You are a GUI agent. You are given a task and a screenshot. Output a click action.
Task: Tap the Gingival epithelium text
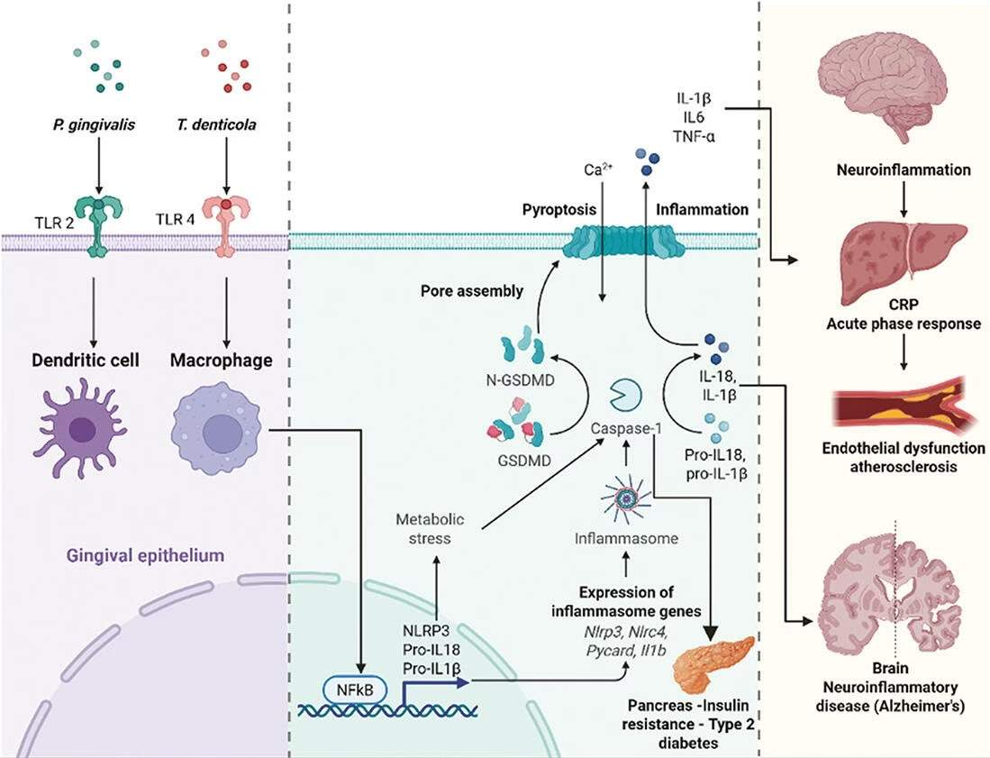tap(143, 557)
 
